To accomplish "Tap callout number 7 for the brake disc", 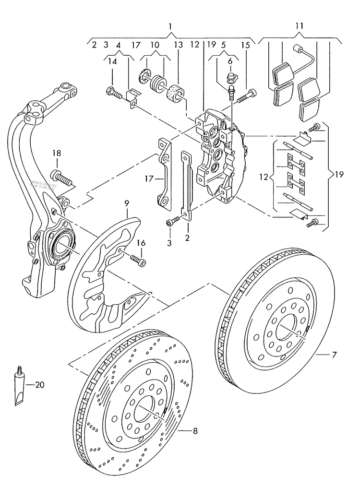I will [x=334, y=355].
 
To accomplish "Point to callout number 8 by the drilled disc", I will [x=195, y=431].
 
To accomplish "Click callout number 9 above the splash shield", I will [x=127, y=203].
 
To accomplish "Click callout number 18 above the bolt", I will [x=57, y=153].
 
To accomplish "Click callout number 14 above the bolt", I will [x=112, y=61].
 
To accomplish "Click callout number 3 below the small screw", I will [x=169, y=243].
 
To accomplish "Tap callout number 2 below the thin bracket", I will [x=187, y=238].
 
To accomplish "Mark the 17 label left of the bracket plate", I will [x=147, y=179].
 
